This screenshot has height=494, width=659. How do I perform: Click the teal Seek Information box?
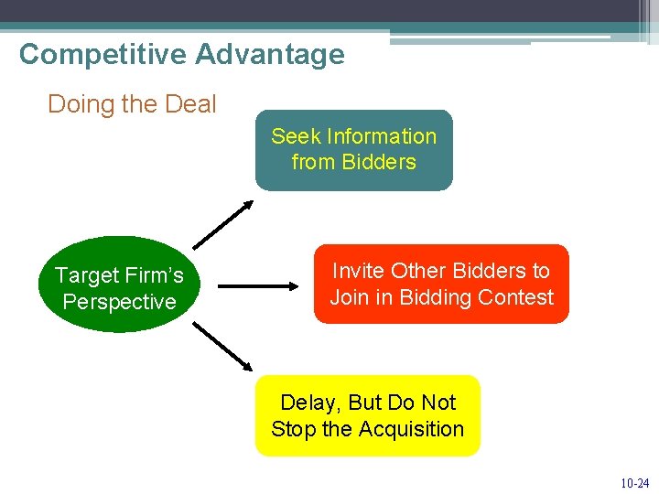point(353,150)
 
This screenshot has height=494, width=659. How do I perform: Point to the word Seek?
point(296,136)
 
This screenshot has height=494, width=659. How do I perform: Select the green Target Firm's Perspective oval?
point(119,285)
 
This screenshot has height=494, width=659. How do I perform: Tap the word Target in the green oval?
point(87,275)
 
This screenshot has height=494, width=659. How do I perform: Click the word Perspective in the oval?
point(119,302)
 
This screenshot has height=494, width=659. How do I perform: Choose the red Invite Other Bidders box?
point(441,284)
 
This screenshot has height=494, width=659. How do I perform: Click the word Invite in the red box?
point(358,271)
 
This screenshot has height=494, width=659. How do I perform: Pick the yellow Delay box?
point(367,415)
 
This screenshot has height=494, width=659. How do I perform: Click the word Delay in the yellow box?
point(308,403)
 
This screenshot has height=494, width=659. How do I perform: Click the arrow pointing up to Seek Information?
point(222,225)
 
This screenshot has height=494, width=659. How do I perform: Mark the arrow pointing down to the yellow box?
point(222,346)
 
